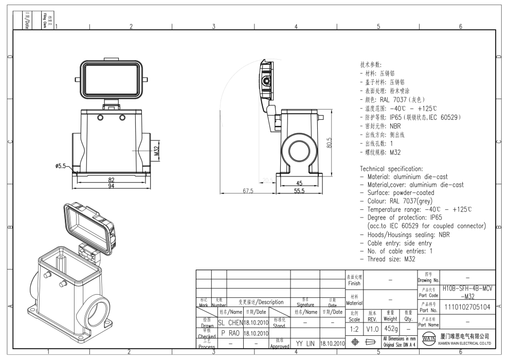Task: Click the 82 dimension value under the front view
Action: click(111, 179)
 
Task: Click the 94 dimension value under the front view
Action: click(111, 186)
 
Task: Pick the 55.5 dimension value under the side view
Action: click(299, 191)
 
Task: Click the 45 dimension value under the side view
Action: click(299, 183)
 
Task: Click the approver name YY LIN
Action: click(305, 343)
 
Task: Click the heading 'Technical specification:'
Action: click(391, 168)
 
